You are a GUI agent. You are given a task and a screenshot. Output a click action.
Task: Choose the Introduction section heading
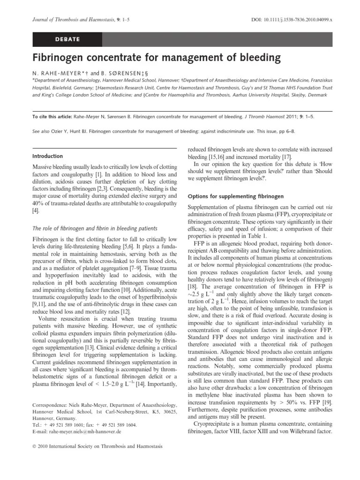click(x=48, y=156)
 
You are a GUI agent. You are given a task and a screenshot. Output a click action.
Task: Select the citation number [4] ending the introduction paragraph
click(x=36, y=211)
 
